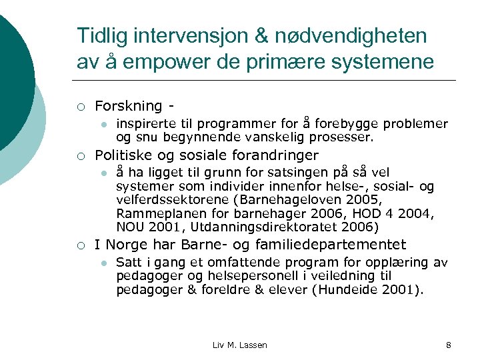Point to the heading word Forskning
point(128,106)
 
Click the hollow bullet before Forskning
point(80,107)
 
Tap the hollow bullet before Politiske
point(80,157)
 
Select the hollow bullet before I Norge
point(80,245)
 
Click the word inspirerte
point(142,123)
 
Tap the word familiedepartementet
point(349,245)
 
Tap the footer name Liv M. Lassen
point(239,345)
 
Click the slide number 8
point(448,345)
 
